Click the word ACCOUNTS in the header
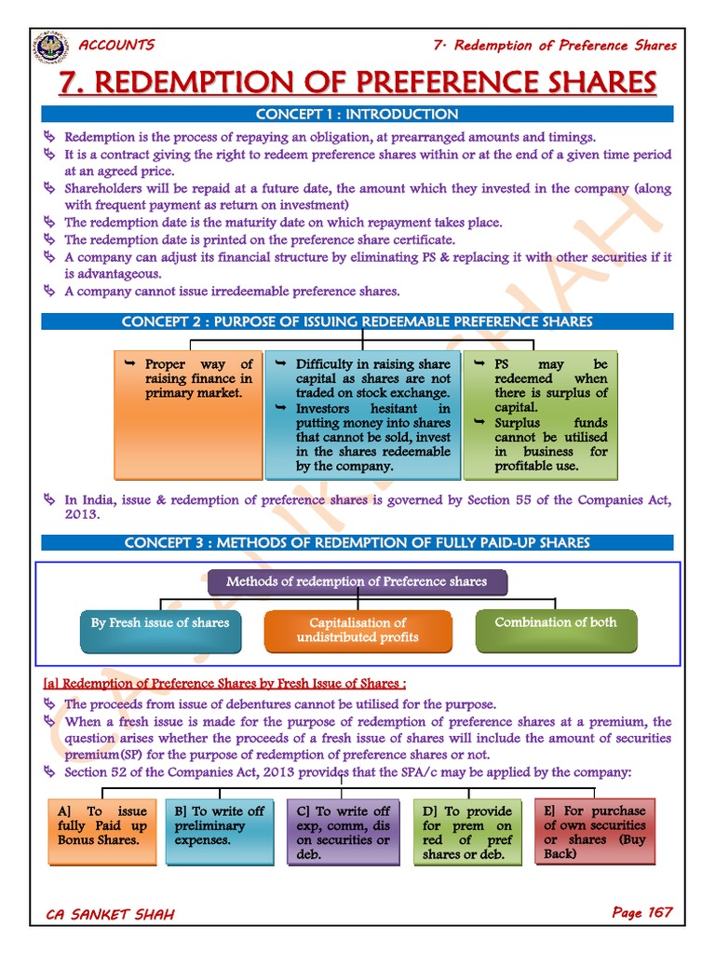[117, 45]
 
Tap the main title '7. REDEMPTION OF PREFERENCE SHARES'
[357, 83]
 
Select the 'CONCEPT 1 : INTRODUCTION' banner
[357, 115]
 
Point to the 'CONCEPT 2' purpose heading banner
[357, 321]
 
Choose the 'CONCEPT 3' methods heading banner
[357, 542]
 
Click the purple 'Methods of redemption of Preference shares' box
[357, 582]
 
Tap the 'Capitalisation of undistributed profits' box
[357, 630]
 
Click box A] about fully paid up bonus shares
[102, 831]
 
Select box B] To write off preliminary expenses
[221, 831]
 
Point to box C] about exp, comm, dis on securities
[344, 831]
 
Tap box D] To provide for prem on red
[467, 831]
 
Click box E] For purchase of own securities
[595, 831]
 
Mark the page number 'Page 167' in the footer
[641, 912]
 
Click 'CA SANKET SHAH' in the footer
[110, 914]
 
